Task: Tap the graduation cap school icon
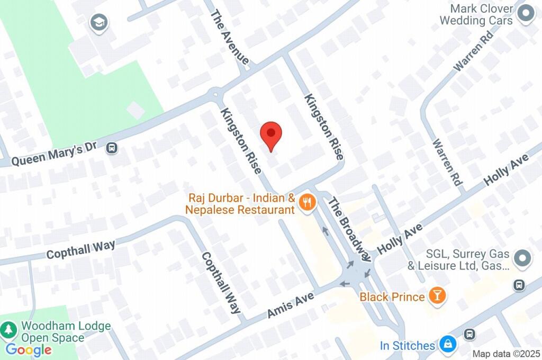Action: coord(98,23)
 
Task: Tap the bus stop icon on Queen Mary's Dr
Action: coord(112,148)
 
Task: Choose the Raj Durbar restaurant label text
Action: coord(240,204)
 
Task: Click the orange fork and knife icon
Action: coord(306,202)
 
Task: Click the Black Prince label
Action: coord(392,297)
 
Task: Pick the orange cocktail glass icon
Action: coord(437,296)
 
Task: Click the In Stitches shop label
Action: coord(407,346)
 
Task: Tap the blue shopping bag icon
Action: coord(448,345)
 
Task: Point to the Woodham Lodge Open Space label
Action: coord(66,332)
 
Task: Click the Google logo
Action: coord(29,349)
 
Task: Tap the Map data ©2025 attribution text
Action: coord(507,354)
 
